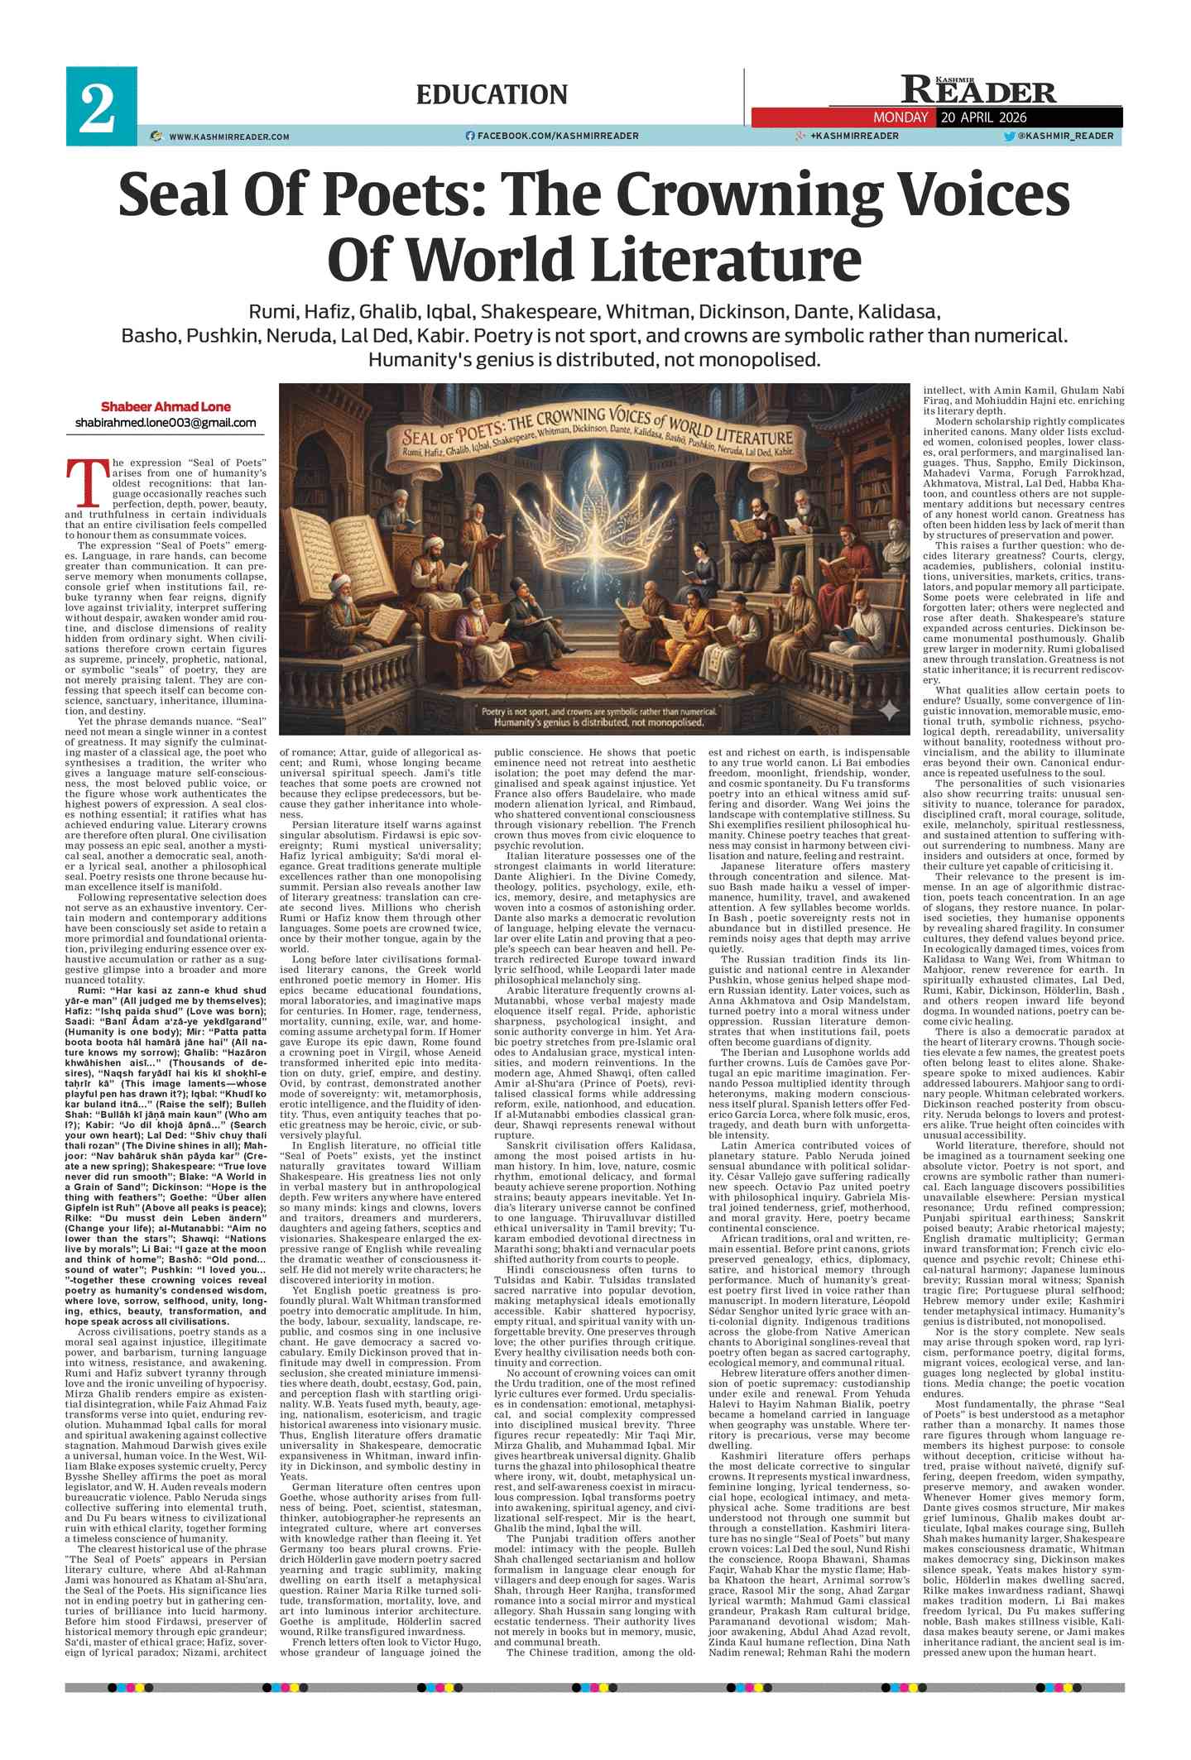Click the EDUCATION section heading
pyautogui.click(x=492, y=94)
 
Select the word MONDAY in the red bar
pyautogui.click(x=900, y=117)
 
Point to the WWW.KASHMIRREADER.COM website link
pyautogui.click(x=228, y=137)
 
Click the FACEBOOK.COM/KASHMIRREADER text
pyautogui.click(x=557, y=136)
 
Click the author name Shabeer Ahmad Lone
pyautogui.click(x=166, y=406)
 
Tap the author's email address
pyautogui.click(x=166, y=423)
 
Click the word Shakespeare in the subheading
pyautogui.click(x=540, y=312)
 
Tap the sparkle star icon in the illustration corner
pyautogui.click(x=888, y=710)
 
